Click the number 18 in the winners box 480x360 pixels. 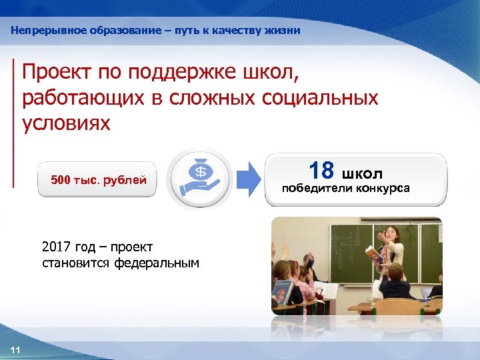coord(321,171)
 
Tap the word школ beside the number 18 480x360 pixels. coord(363,174)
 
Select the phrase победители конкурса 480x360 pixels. coord(346,189)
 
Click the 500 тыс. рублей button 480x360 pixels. coord(98,179)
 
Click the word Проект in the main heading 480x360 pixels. coord(58,72)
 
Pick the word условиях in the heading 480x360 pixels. coord(66,124)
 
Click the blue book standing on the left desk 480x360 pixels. coord(281,292)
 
